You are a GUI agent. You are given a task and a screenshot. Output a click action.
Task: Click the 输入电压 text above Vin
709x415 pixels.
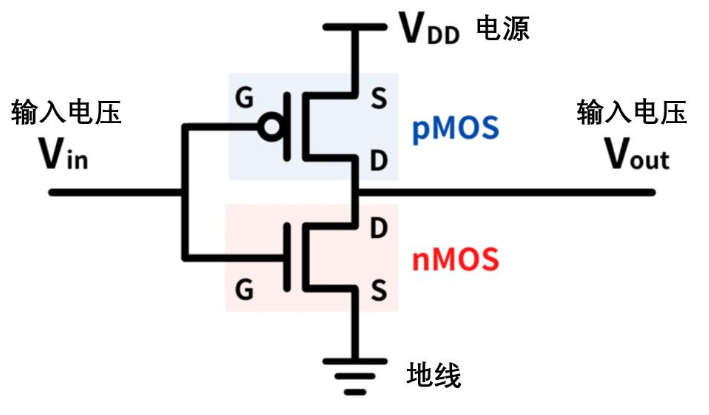pyautogui.click(x=66, y=111)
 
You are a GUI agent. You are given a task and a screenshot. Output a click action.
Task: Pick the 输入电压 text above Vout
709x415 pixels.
pyautogui.click(x=632, y=111)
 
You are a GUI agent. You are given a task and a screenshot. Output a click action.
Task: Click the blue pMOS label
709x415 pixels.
pyautogui.click(x=454, y=129)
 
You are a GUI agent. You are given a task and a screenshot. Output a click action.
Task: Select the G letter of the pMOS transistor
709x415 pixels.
pyautogui.click(x=242, y=97)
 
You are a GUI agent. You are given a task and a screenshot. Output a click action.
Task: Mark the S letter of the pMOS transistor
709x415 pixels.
pyautogui.click(x=379, y=98)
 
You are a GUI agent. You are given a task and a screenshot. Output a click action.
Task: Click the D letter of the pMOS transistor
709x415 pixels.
pyautogui.click(x=379, y=161)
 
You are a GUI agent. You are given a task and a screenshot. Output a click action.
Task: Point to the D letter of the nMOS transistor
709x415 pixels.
pyautogui.click(x=379, y=227)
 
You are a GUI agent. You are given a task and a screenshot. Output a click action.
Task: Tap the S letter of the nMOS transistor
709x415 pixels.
pyautogui.click(x=379, y=291)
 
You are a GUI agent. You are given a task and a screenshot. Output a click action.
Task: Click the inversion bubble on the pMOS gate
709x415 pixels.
pyautogui.click(x=268, y=127)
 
